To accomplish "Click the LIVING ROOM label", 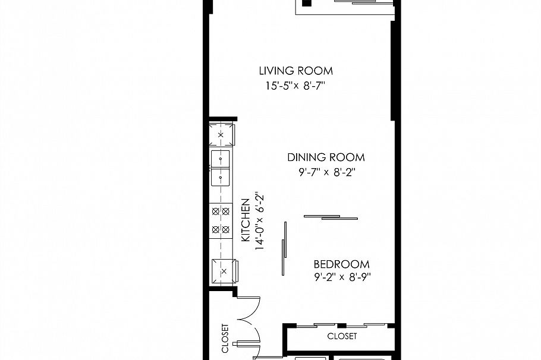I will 295,71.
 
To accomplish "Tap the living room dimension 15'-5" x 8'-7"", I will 295,86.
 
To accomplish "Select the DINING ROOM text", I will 326,157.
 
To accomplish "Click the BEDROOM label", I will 341,264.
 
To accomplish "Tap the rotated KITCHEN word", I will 245,220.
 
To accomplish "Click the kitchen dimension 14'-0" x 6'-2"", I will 259,220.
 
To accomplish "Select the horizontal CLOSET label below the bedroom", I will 342,336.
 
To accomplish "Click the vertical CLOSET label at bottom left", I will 225,338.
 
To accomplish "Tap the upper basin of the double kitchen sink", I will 221,159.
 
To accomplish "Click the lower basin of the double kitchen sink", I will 221,176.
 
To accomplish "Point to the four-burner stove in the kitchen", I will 221,220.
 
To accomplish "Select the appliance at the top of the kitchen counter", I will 221,135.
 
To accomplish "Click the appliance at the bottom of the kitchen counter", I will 223,271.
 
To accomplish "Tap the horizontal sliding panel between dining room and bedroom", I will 331,217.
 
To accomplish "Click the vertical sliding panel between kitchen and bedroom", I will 285,248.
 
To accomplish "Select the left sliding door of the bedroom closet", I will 316,326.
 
